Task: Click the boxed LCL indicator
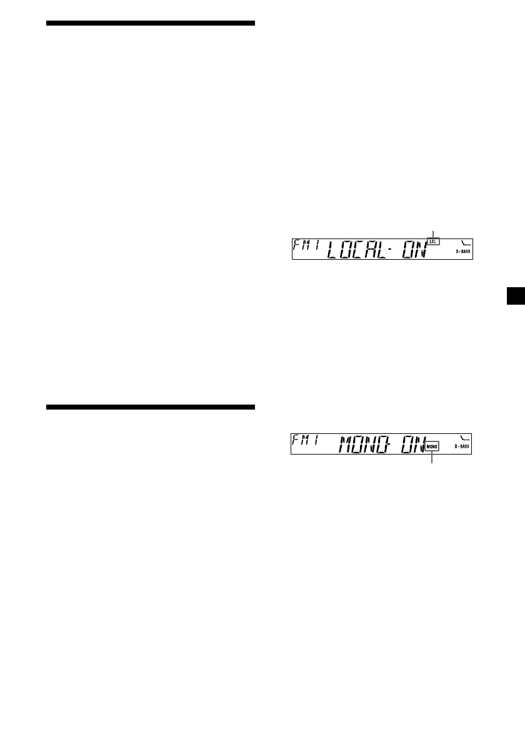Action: (x=434, y=240)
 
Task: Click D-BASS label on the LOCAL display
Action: (x=462, y=252)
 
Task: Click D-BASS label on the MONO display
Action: (x=462, y=447)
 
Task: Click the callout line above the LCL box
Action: (x=433, y=233)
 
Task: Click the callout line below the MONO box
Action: (x=433, y=458)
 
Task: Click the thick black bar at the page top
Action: (x=151, y=23)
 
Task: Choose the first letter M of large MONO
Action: (x=347, y=445)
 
